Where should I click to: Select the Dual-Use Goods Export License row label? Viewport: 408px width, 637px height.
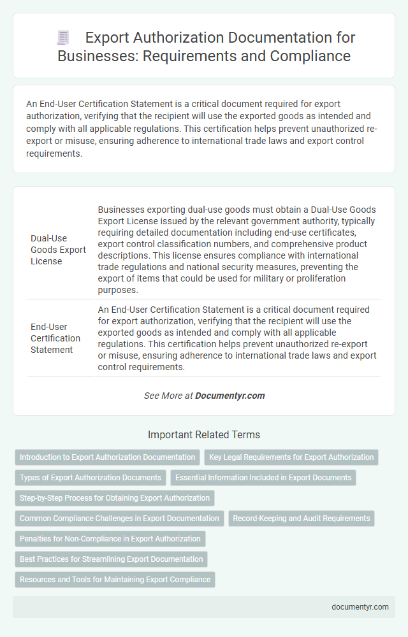(x=58, y=250)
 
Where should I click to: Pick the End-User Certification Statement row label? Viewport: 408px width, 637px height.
(x=55, y=338)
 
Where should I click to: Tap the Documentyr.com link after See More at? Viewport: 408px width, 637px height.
(x=229, y=396)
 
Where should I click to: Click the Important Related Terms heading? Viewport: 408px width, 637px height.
(x=204, y=435)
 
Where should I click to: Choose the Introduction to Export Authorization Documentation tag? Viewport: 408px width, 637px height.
(x=107, y=457)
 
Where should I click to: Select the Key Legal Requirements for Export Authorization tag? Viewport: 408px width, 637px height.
(x=291, y=457)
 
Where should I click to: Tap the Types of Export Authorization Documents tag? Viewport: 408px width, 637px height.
(x=91, y=478)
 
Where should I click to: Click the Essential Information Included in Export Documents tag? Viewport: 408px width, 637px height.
(x=263, y=478)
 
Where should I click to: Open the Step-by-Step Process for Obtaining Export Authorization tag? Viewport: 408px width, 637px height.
(x=115, y=498)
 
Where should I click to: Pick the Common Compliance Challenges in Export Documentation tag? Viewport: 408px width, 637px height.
(x=119, y=519)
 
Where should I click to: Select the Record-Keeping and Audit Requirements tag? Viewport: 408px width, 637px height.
(x=302, y=519)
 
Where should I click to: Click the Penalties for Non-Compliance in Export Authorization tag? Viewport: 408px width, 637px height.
(x=110, y=539)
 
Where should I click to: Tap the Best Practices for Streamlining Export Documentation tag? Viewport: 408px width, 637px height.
(x=112, y=559)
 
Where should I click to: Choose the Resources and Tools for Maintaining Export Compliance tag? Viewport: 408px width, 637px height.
(x=115, y=580)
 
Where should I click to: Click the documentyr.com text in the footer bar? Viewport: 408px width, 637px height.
(x=360, y=607)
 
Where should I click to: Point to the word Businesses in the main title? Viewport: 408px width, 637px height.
(x=98, y=55)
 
